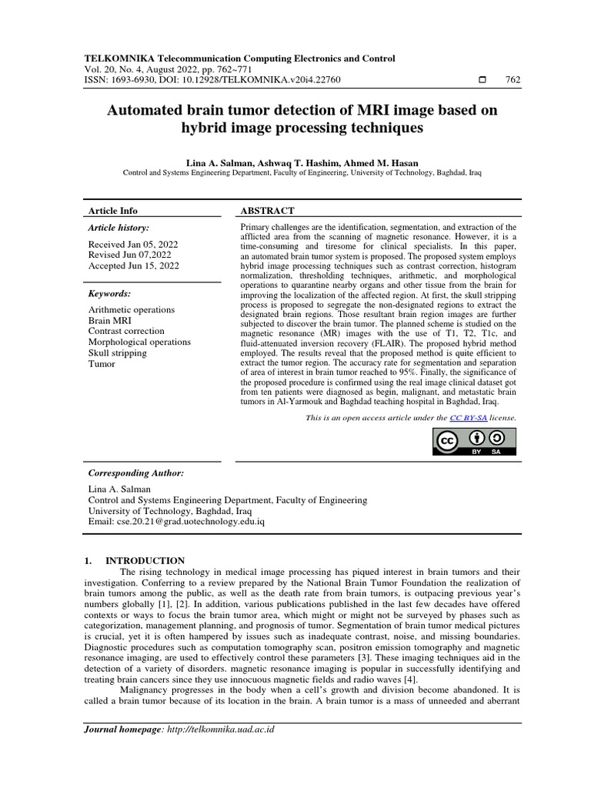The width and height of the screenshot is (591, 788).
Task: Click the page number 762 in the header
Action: pyautogui.click(x=511, y=80)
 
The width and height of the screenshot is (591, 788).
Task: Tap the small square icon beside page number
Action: pyautogui.click(x=482, y=80)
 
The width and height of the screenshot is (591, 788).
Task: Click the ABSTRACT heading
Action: pyautogui.click(x=269, y=211)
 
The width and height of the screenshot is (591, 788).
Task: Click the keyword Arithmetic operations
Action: pyautogui.click(x=132, y=309)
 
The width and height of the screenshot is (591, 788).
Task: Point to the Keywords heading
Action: pyautogui.click(x=109, y=294)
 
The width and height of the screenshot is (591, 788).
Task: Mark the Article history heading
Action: pyautogui.click(x=119, y=228)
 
